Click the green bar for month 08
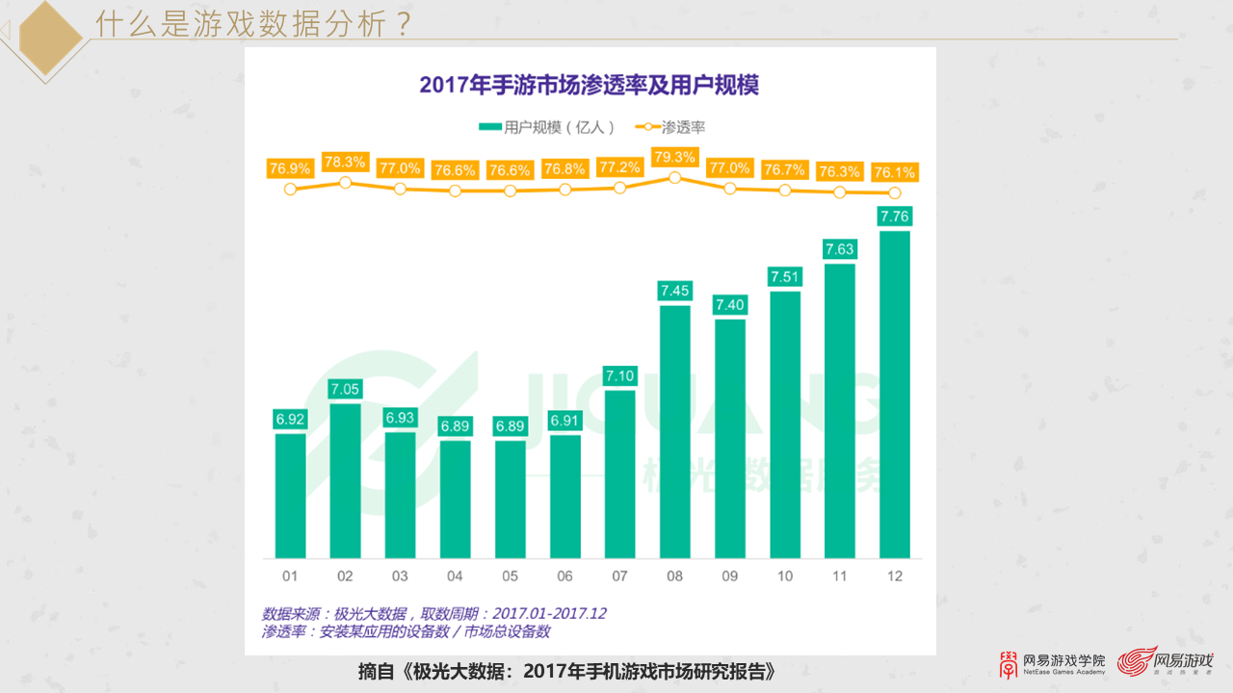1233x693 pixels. [674, 431]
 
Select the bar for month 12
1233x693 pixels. [895, 395]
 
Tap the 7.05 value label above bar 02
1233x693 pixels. [345, 389]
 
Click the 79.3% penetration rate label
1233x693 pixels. [674, 157]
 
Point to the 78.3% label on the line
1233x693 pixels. [345, 162]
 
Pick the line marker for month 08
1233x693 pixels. [674, 178]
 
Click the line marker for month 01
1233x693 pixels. [290, 190]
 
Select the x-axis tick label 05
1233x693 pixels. [510, 576]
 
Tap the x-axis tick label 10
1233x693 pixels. [784, 576]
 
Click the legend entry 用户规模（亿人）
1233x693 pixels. [545, 127]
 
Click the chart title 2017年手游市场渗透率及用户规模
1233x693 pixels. [589, 85]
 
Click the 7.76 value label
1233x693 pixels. [895, 216]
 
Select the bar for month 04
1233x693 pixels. [455, 499]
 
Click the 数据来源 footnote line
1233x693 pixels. [433, 613]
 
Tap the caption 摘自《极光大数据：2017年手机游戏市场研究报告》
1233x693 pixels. [565, 672]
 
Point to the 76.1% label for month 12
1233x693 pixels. [894, 172]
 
